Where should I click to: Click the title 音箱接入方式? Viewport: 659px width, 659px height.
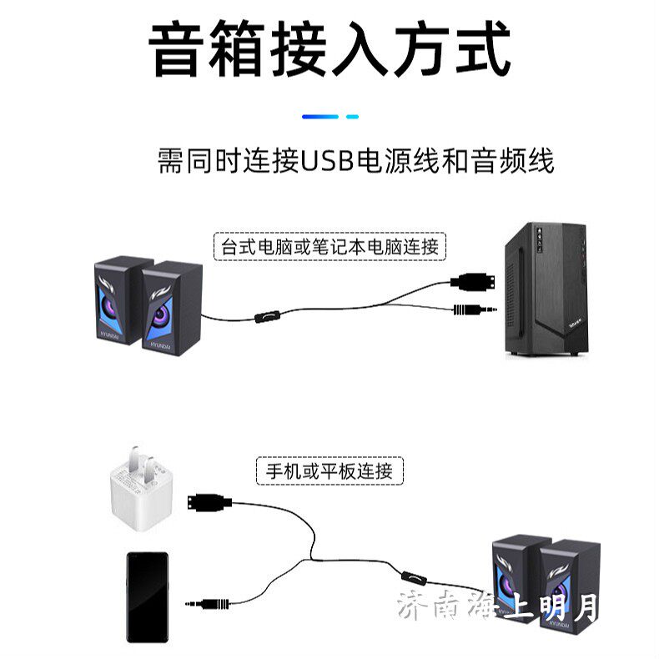tap(329, 50)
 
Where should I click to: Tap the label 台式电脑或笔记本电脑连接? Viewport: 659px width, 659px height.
tap(329, 247)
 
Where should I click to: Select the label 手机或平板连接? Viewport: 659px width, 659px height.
tap(329, 470)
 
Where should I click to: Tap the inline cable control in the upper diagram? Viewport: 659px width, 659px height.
tap(266, 318)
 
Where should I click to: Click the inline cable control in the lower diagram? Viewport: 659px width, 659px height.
tap(411, 576)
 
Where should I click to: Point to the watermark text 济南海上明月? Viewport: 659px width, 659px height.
tap(498, 606)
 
